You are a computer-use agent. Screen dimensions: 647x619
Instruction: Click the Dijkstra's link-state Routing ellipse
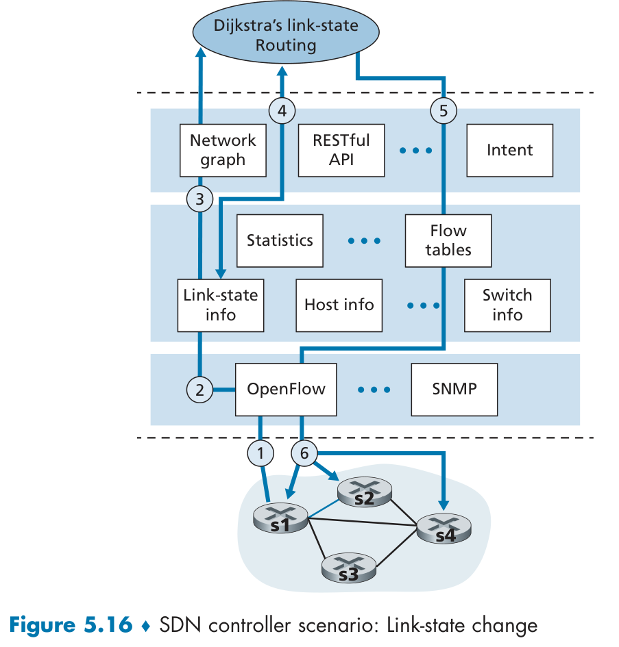(285, 35)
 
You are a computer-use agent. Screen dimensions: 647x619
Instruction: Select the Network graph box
(223, 150)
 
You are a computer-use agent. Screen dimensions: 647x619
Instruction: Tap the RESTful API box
(341, 150)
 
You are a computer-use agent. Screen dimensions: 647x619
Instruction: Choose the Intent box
(509, 150)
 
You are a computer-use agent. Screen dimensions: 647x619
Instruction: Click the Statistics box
(280, 240)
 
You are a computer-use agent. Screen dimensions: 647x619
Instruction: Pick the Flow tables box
(448, 240)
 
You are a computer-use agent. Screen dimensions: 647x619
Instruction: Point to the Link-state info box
(221, 305)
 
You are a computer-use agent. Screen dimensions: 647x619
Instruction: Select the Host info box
(339, 305)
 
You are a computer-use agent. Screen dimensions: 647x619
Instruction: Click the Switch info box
(507, 305)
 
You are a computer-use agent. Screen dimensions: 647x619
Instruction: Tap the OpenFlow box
(287, 390)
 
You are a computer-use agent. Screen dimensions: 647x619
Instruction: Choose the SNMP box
(454, 390)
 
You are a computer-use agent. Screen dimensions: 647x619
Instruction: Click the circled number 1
(260, 451)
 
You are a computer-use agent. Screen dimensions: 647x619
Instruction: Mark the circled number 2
(200, 390)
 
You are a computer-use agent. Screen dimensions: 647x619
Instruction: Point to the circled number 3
(199, 199)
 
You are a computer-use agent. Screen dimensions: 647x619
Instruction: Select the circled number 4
(282, 110)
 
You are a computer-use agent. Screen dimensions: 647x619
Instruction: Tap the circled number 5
(444, 110)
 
